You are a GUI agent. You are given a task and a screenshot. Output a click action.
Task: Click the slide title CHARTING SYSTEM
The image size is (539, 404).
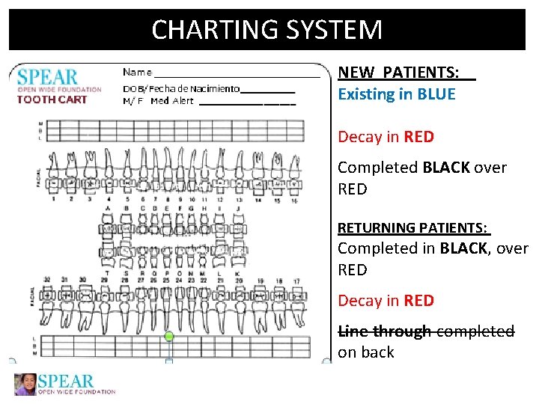(x=267, y=30)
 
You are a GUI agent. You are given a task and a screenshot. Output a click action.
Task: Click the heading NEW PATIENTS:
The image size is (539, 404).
(x=399, y=73)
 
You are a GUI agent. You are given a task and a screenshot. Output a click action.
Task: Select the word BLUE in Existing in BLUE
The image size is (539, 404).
(x=436, y=94)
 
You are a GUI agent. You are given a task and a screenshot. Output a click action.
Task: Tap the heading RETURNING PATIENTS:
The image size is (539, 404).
(x=413, y=227)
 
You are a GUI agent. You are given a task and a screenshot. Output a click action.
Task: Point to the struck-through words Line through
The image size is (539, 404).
(x=384, y=331)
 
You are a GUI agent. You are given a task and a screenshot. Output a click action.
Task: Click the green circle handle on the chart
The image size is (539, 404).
(x=169, y=337)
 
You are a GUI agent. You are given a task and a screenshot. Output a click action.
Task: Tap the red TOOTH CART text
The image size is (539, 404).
(x=52, y=100)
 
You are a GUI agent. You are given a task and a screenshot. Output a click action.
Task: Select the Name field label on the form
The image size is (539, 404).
(x=137, y=73)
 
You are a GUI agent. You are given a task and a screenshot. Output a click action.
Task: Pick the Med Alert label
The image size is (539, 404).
(x=171, y=101)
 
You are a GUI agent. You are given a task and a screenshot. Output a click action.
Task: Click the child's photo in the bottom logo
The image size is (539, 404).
(x=26, y=384)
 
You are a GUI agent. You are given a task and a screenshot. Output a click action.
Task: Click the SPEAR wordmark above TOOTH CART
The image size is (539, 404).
(x=48, y=77)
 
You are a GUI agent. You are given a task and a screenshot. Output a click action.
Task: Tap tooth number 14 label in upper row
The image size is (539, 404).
(x=259, y=200)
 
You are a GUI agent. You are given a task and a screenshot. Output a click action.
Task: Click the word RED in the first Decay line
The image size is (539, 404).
(x=418, y=137)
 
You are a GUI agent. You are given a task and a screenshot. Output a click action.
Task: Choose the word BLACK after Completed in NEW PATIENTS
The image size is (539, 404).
(x=446, y=168)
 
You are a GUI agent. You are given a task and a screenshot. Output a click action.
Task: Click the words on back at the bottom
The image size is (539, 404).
(x=366, y=352)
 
